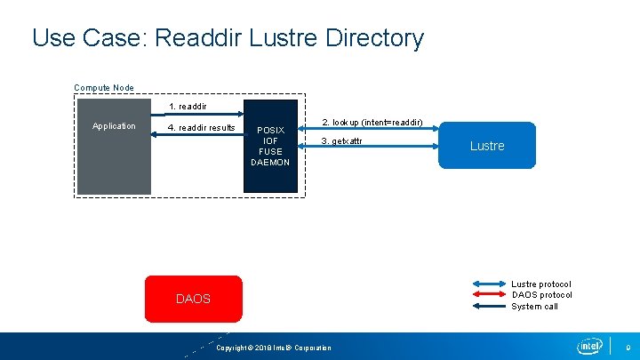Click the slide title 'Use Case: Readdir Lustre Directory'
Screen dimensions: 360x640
tap(228, 38)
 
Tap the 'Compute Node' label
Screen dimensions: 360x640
tap(104, 87)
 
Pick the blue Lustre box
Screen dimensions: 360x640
tap(487, 145)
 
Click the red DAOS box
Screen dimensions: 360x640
tap(193, 299)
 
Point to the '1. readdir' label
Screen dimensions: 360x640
tap(188, 107)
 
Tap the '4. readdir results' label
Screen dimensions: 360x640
tap(201, 128)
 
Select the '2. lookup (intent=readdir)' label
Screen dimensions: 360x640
tap(372, 122)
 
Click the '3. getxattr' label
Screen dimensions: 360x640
tap(341, 142)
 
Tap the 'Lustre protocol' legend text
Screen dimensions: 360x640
tap(541, 284)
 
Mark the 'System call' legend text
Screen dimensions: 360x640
tap(534, 307)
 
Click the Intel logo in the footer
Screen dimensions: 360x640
tap(588, 346)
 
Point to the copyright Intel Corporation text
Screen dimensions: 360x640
tap(274, 348)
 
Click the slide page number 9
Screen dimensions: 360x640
tap(628, 347)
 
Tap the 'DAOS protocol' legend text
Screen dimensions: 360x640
tap(541, 295)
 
